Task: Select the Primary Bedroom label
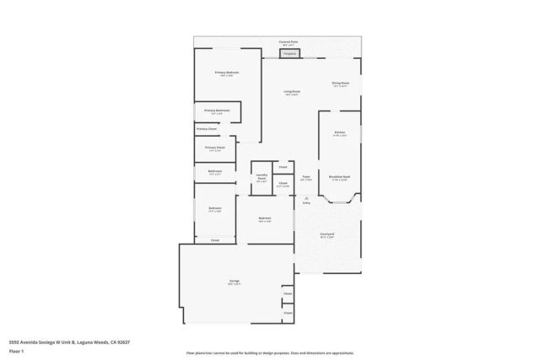click(226, 73)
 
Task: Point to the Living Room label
click(292, 92)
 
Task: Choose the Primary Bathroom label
click(217, 111)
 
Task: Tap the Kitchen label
click(340, 133)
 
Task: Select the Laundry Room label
click(262, 178)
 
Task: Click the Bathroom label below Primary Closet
click(215, 172)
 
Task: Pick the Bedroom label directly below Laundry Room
click(265, 219)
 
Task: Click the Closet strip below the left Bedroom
click(215, 240)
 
